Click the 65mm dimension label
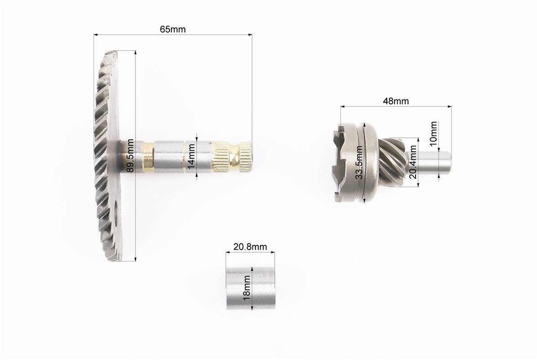(173, 29)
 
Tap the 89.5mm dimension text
(130, 156)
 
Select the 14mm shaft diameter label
(191, 156)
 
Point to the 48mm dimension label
(396, 101)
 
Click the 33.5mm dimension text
(359, 162)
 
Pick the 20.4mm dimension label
(413, 162)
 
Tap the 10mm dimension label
(433, 134)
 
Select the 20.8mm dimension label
(250, 247)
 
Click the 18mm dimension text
(247, 288)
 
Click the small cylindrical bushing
(251, 288)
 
